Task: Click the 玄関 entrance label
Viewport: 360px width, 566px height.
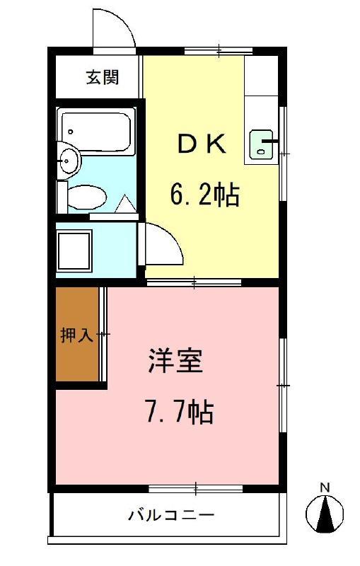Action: (102, 77)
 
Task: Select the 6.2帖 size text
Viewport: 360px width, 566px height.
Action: (204, 192)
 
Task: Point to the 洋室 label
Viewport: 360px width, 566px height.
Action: (176, 362)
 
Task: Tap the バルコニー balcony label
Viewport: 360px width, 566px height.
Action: (170, 514)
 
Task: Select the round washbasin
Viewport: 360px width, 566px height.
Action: (69, 161)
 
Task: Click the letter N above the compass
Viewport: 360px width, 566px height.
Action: (325, 487)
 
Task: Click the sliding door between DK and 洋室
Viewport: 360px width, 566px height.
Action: (194, 283)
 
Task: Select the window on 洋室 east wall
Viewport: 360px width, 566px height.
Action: (283, 385)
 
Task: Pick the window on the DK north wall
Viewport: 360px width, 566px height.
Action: (219, 51)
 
